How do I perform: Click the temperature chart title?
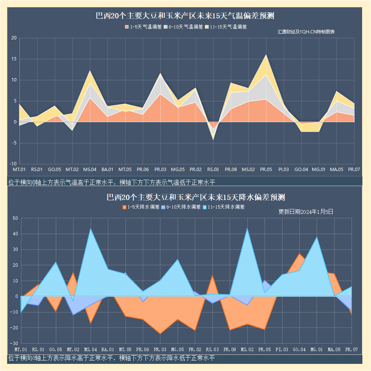(185, 16)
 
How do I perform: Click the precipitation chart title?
(185, 197)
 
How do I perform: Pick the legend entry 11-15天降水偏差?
(223, 207)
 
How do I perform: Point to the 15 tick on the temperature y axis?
(14, 59)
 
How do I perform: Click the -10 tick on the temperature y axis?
(13, 164)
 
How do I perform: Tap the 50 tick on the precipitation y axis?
(15, 218)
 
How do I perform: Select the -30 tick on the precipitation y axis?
(14, 343)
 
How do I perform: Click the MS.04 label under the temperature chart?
(90, 170)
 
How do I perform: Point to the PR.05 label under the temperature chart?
(266, 170)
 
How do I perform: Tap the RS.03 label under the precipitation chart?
(212, 350)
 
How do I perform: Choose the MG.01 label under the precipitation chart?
(317, 350)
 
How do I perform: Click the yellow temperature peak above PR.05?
(266, 55)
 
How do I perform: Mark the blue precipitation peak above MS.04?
(90, 229)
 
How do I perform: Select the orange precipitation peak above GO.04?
(299, 254)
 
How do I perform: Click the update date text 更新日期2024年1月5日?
(306, 212)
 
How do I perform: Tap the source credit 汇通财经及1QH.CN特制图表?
(306, 32)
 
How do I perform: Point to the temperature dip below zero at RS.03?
(213, 139)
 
